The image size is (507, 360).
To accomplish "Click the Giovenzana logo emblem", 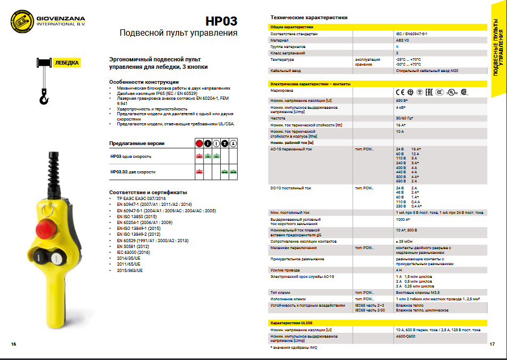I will coord(21,22).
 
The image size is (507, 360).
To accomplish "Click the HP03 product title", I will coord(221,21).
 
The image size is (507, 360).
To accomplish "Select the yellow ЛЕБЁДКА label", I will coord(67,63).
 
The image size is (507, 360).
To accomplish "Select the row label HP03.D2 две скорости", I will coord(133,172).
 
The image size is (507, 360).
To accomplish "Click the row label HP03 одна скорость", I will coord(131,156).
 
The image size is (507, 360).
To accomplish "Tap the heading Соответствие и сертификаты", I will coord(148,192).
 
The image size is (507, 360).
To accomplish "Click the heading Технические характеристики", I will coord(309,18).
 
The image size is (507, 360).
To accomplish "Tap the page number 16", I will coord(13,343).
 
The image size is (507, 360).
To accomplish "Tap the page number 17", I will coord(492,343).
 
